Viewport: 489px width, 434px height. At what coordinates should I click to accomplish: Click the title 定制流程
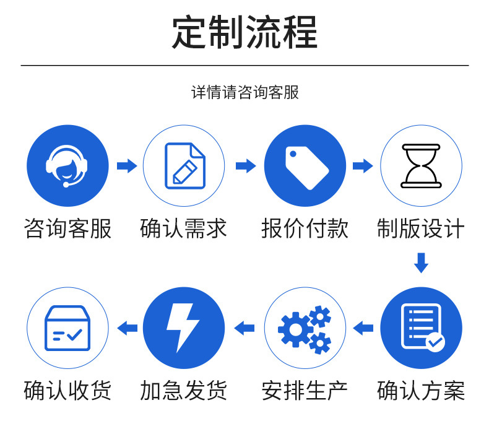pos(244,32)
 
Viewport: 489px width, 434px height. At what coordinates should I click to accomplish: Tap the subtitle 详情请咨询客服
pos(244,92)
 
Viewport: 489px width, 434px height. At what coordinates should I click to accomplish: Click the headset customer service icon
pos(67,165)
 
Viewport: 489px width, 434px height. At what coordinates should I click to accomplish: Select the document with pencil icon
pos(184,165)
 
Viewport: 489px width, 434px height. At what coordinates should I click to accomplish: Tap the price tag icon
pos(305,165)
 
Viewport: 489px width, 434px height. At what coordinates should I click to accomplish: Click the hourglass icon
pos(421,165)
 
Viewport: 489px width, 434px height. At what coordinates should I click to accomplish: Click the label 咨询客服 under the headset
pos(67,228)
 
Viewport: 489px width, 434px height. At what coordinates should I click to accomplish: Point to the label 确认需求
pos(184,228)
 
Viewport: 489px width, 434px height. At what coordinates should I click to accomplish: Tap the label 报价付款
pos(305,228)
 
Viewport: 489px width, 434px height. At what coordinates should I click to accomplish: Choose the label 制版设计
pos(421,228)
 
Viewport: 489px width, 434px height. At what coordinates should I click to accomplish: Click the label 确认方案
pos(421,391)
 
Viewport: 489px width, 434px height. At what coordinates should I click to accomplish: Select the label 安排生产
pos(305,391)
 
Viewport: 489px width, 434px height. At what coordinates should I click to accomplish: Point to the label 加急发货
pos(184,391)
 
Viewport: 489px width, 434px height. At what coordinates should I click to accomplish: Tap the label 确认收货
pos(67,391)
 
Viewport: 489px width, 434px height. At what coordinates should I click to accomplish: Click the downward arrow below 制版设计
pos(421,263)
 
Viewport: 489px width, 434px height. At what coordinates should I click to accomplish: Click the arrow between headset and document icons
pos(127,165)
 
